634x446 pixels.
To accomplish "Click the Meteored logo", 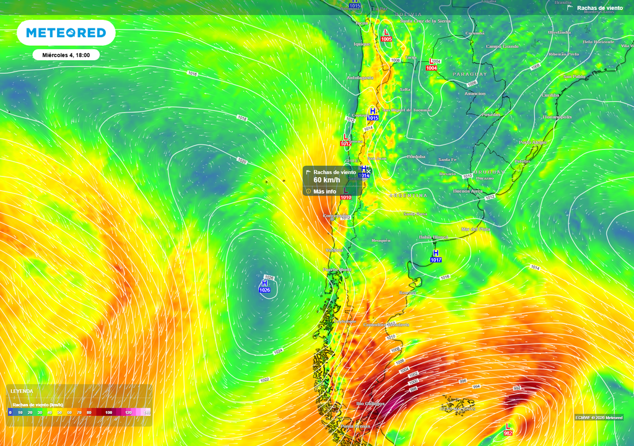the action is point(66,33).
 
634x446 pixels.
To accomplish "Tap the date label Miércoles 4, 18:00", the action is point(66,55).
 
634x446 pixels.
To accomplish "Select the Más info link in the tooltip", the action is point(324,191).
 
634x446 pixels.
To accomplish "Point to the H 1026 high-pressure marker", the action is point(264,286).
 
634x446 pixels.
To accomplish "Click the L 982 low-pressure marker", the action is point(508,429).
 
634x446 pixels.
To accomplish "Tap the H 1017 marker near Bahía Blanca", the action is point(436,256).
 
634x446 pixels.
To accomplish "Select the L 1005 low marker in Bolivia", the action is point(386,35).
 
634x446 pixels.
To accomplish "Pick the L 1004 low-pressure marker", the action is point(431,64).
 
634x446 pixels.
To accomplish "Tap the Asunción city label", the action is point(475,94).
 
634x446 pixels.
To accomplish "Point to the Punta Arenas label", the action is point(355,426).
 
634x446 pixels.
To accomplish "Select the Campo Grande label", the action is point(502,46).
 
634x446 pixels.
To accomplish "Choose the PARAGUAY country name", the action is point(470,74).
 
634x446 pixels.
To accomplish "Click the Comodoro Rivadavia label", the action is point(386,325).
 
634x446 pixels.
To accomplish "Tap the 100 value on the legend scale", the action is point(109,412).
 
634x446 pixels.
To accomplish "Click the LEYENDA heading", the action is point(22,391).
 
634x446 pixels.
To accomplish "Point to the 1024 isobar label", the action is point(278,351).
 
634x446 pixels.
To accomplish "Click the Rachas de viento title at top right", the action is point(599,8).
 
